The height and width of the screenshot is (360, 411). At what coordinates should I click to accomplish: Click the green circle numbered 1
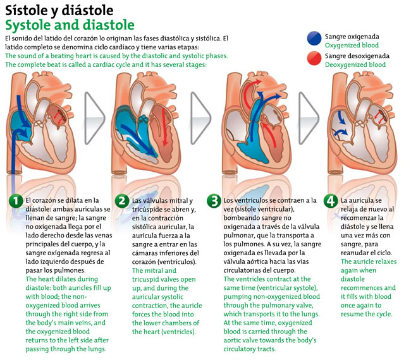pyautogui.click(x=15, y=201)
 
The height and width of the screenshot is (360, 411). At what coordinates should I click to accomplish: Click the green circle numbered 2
pyautogui.click(x=122, y=201)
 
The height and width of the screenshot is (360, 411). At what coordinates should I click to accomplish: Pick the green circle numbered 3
pyautogui.click(x=214, y=201)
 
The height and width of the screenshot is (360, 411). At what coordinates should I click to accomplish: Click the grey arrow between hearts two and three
pyautogui.click(x=201, y=116)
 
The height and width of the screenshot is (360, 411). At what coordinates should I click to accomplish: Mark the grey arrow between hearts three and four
pyautogui.click(x=310, y=116)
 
